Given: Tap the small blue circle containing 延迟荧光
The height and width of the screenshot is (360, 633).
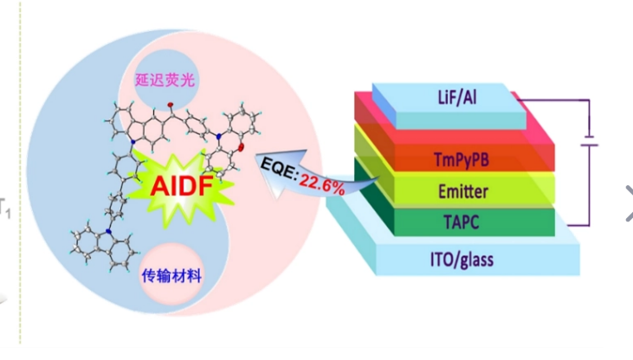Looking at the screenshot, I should (x=164, y=78).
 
